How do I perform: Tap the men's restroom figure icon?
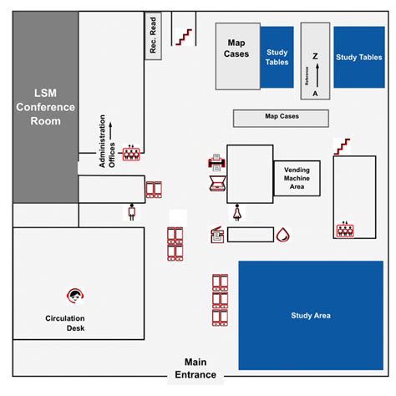(131, 212)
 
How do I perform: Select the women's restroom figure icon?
(238, 212)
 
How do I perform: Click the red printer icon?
(214, 163)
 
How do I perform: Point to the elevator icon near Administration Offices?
(131, 154)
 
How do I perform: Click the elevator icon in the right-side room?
(343, 229)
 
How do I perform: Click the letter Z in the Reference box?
(315, 56)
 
